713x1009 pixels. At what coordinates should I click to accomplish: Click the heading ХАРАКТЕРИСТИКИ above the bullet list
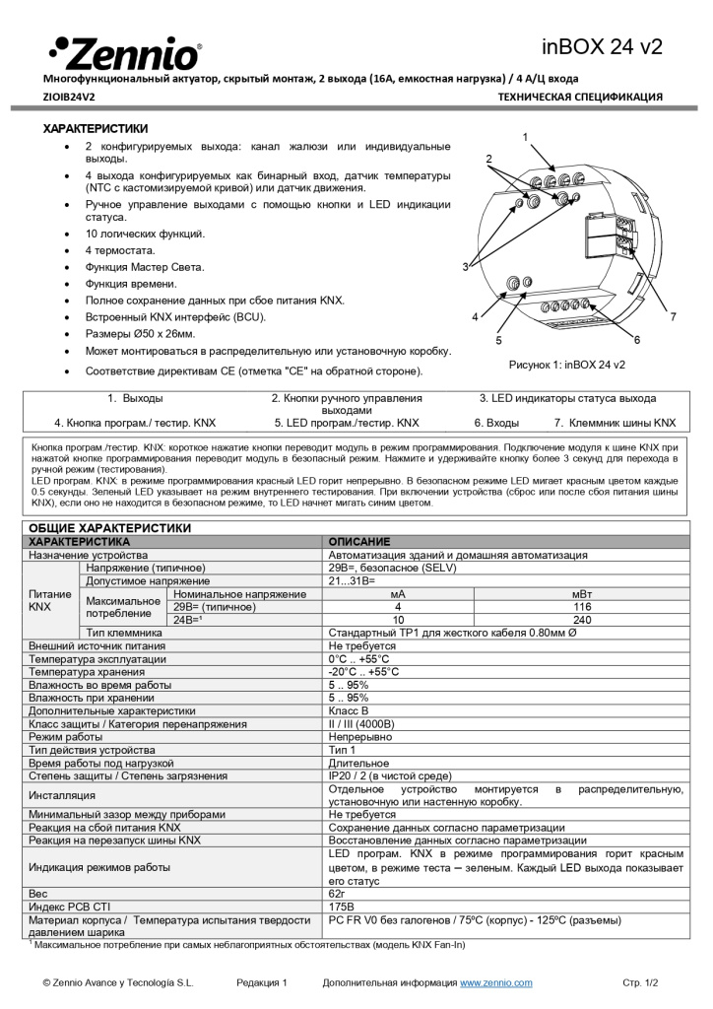pyautogui.click(x=96, y=128)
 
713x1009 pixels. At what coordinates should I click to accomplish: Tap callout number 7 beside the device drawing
pyautogui.click(x=673, y=317)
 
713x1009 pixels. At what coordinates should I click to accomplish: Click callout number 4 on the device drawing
pyautogui.click(x=475, y=317)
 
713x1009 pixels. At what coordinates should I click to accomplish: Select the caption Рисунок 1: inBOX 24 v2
pyautogui.click(x=566, y=365)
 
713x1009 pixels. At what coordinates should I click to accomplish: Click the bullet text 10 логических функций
pyautogui.click(x=145, y=234)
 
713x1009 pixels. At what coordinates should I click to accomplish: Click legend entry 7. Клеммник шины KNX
pyautogui.click(x=615, y=422)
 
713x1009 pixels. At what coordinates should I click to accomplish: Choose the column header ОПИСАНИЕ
pyautogui.click(x=358, y=542)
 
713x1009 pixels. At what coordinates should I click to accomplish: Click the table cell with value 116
pyautogui.click(x=575, y=607)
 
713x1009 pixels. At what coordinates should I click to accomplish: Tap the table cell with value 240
pyautogui.click(x=575, y=620)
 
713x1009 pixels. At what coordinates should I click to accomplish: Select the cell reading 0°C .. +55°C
pyautogui.click(x=359, y=658)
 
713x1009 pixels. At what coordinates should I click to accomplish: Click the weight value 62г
pyautogui.click(x=339, y=892)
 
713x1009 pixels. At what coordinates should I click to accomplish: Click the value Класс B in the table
pyautogui.click(x=349, y=710)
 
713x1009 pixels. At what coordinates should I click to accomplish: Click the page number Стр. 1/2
pyautogui.click(x=639, y=982)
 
